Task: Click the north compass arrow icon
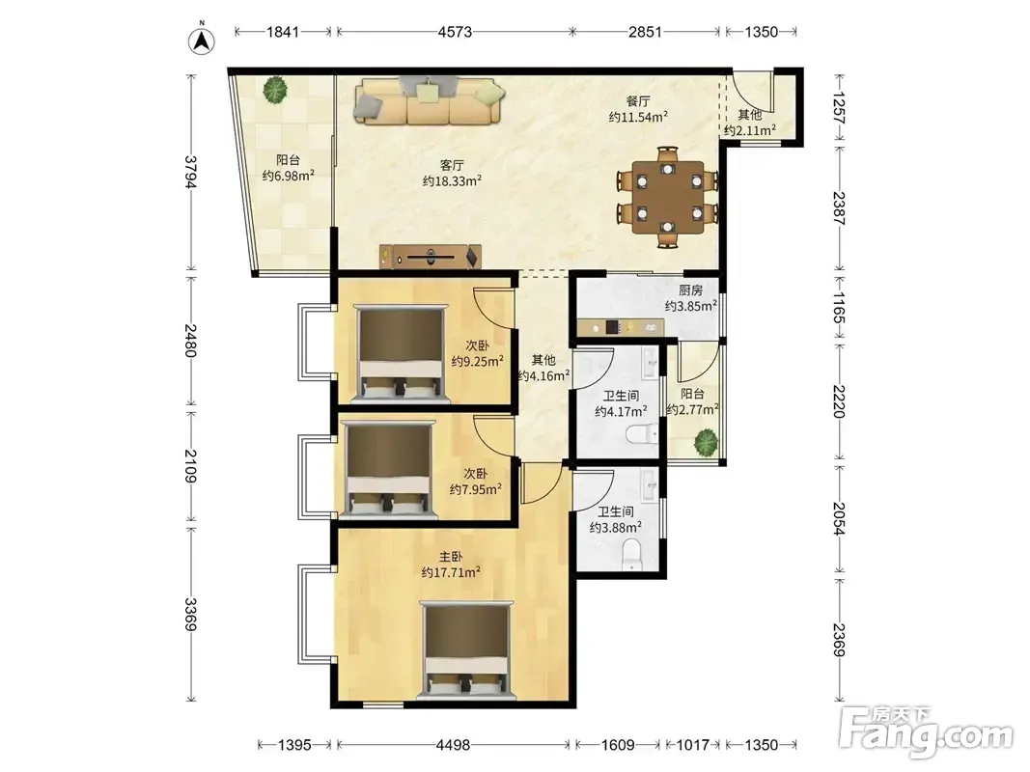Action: (x=202, y=41)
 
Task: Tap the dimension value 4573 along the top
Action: (x=455, y=32)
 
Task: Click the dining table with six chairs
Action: (x=667, y=196)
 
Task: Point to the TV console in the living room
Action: (x=431, y=256)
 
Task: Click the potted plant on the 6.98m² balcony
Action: (x=274, y=90)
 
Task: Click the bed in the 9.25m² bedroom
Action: (x=400, y=352)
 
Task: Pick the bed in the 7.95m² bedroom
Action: (x=387, y=470)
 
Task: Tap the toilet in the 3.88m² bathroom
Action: (x=630, y=554)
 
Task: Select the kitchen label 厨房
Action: (x=690, y=290)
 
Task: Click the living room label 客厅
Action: (x=452, y=165)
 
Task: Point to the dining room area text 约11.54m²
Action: (x=638, y=117)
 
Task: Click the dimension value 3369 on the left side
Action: (x=190, y=614)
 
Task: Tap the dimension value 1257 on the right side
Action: (x=839, y=107)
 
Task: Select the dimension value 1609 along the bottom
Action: (x=618, y=744)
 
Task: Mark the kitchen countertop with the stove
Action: (x=620, y=327)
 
